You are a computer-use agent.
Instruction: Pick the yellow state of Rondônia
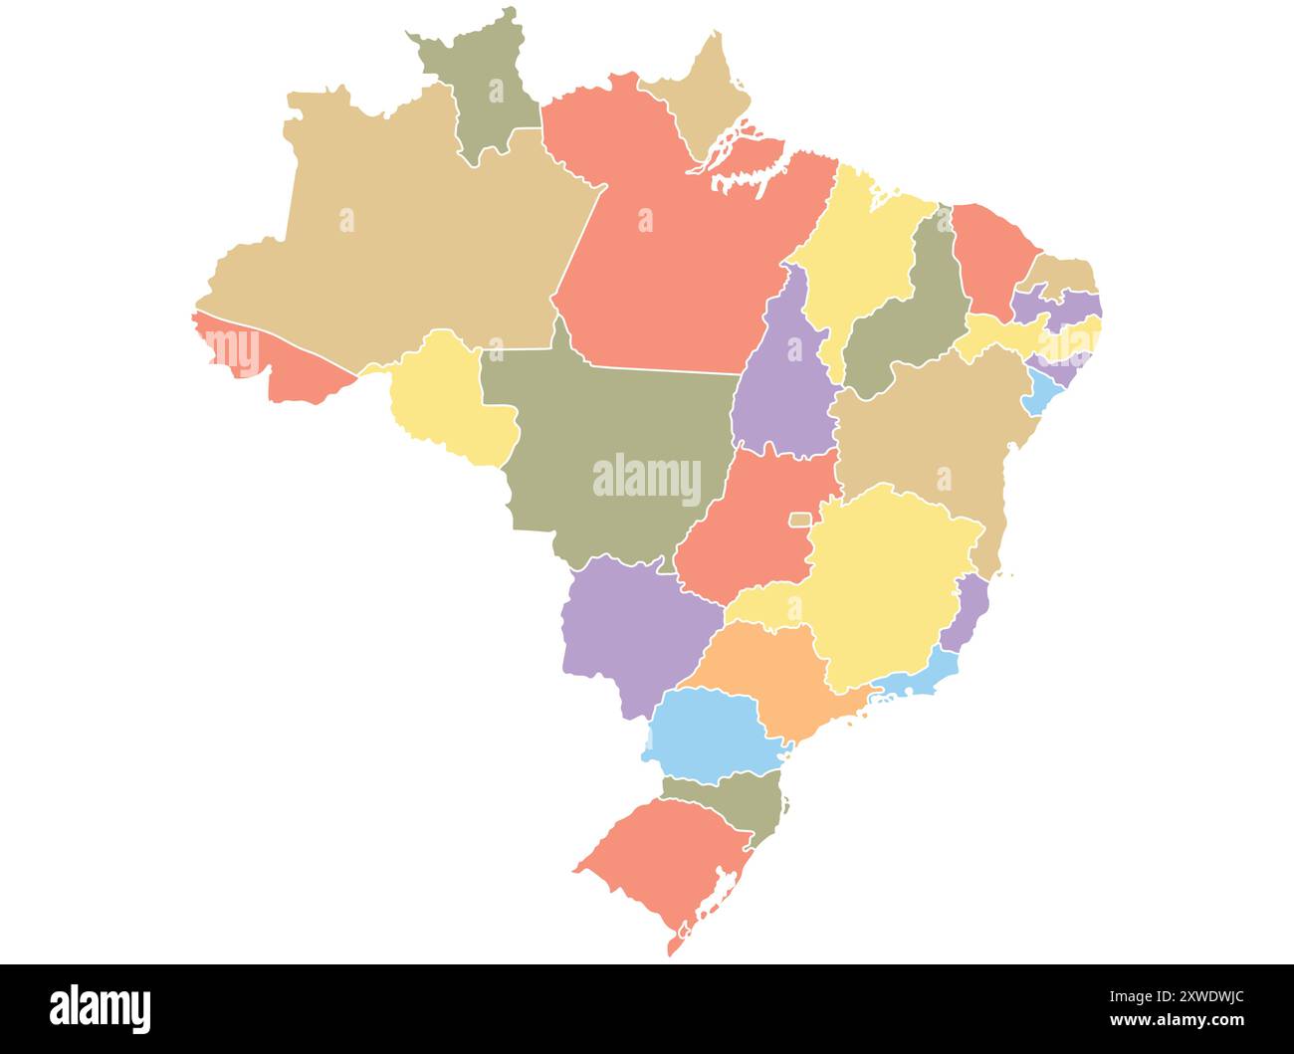point(448,398)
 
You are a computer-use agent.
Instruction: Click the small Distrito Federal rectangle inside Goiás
point(799,520)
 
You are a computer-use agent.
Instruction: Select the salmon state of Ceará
point(990,259)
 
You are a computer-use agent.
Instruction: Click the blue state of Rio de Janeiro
point(916,677)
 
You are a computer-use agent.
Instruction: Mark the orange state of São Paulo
point(776,677)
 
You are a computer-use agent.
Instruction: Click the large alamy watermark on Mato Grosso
point(647,479)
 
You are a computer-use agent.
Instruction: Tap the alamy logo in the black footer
point(101,1008)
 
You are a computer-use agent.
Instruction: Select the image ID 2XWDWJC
point(1193,995)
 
